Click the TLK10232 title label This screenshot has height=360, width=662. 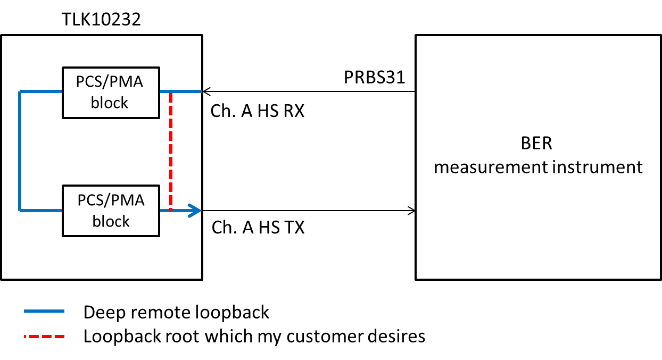click(x=102, y=20)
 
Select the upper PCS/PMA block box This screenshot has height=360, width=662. click(x=111, y=93)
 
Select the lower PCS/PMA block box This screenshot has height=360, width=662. click(x=111, y=211)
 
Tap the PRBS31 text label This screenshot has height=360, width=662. click(x=374, y=78)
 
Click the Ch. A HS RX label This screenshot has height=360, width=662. click(x=258, y=111)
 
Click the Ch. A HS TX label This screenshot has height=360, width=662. click(x=258, y=228)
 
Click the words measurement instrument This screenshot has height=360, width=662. click(x=538, y=167)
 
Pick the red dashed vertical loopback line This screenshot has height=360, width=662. click(x=170, y=152)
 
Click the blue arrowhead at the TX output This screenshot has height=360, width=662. click(x=195, y=211)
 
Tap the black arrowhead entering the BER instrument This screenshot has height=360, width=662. click(x=411, y=211)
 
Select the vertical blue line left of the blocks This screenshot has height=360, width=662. click(x=20, y=152)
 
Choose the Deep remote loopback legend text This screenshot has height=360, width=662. click(x=176, y=312)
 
